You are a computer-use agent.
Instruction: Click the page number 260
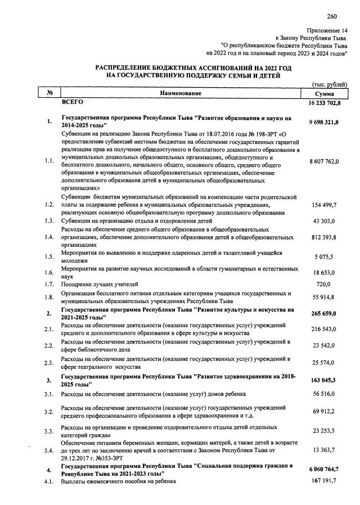331,16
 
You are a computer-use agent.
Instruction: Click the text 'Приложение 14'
327,29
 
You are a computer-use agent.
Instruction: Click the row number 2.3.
49,363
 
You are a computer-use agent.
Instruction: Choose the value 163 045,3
327,380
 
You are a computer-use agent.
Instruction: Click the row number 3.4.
49,451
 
